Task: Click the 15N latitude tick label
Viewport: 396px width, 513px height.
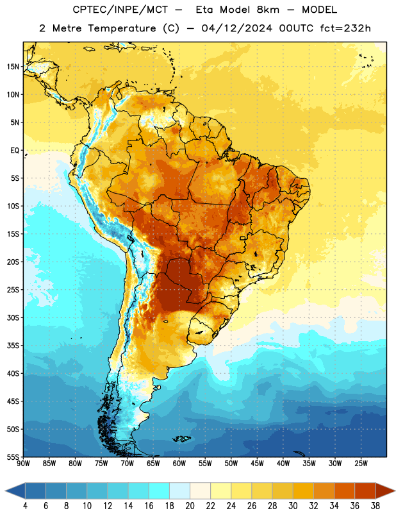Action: (x=13, y=67)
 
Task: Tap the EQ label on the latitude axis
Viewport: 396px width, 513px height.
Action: (x=15, y=151)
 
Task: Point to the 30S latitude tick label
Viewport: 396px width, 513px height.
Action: (x=13, y=317)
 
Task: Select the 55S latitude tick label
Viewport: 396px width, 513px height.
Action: (x=13, y=457)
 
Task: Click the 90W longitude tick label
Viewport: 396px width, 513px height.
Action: (x=24, y=464)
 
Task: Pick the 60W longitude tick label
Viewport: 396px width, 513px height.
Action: (x=179, y=464)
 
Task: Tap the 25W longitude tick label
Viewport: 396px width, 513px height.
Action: (x=361, y=464)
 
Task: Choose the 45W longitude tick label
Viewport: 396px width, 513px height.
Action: (x=257, y=464)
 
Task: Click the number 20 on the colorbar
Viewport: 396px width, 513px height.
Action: (x=190, y=506)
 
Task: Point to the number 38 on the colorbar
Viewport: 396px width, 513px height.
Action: (x=375, y=506)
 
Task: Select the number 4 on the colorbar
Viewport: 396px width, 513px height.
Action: (x=25, y=506)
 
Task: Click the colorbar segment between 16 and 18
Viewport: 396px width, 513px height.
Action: (x=159, y=491)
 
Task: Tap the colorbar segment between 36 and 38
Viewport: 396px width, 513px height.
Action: (x=365, y=491)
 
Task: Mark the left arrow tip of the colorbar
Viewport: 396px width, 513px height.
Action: (x=5, y=491)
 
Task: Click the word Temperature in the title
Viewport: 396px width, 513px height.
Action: (x=122, y=28)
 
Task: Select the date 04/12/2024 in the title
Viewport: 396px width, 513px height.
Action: (x=236, y=28)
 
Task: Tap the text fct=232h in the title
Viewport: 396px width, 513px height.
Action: (x=345, y=28)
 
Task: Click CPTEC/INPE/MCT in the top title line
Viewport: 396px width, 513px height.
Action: (x=120, y=10)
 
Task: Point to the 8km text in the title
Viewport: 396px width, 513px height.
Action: (x=268, y=10)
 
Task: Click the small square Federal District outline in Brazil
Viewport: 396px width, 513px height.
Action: (x=243, y=238)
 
